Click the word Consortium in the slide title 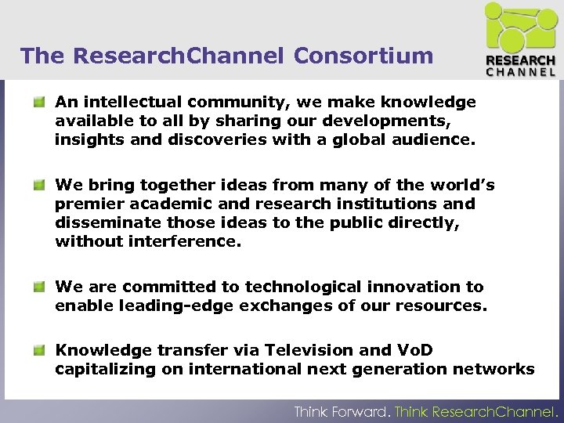tap(363, 56)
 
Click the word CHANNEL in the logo tap(520, 71)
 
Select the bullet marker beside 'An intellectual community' tap(38, 102)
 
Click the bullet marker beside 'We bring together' tap(38, 185)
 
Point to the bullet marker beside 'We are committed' tap(38, 287)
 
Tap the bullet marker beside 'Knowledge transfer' tap(38, 349)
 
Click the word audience tap(434, 141)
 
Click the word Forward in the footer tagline tap(359, 411)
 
